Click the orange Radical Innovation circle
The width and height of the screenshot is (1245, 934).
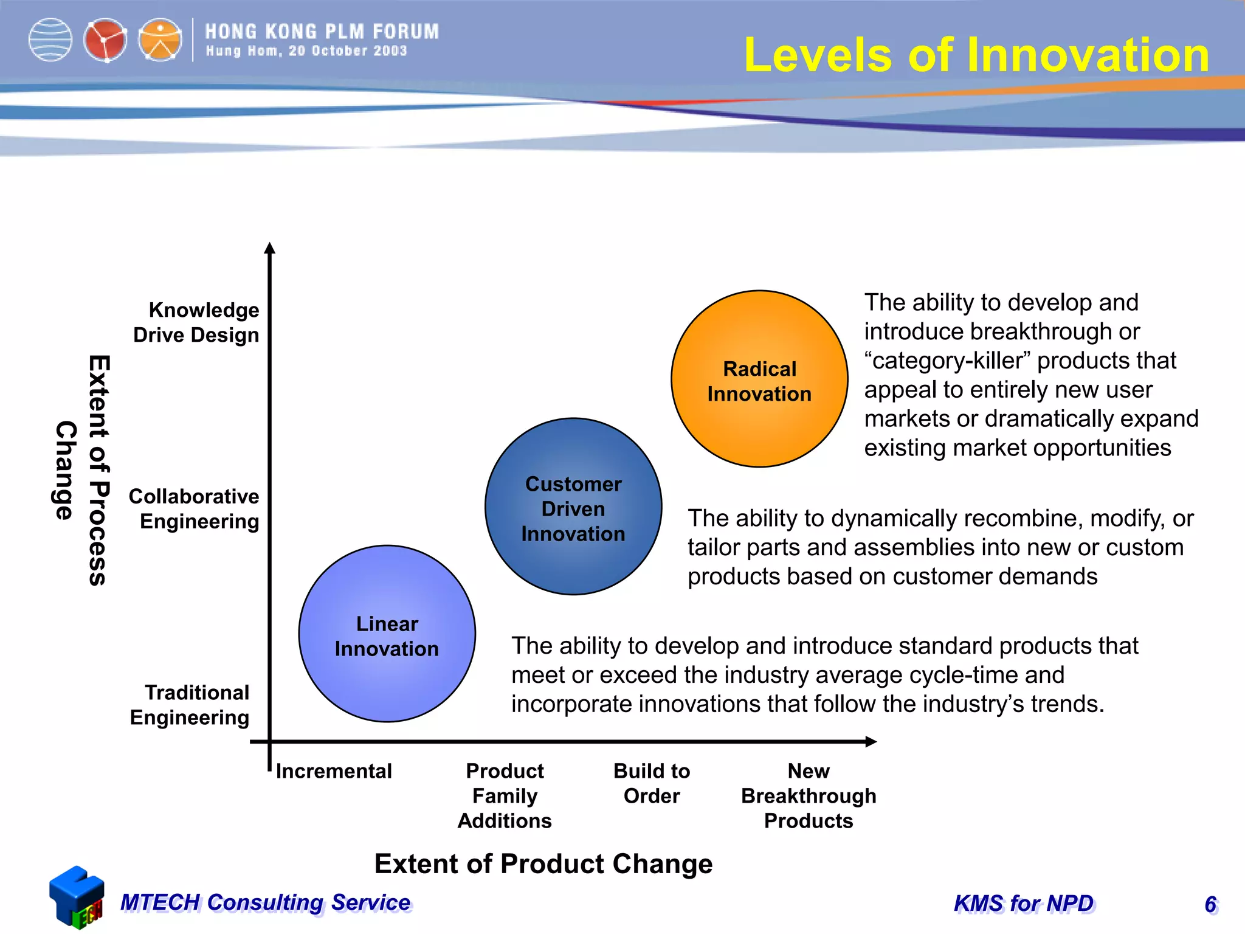coord(759,379)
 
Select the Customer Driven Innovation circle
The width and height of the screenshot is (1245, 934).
coord(573,507)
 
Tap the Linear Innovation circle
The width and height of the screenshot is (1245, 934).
coord(387,634)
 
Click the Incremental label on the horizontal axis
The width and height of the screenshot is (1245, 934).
coord(334,771)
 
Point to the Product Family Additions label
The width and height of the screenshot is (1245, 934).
coord(505,796)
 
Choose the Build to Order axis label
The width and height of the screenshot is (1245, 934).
coord(652,783)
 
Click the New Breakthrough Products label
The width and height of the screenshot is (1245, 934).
coord(809,796)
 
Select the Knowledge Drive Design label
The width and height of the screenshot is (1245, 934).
coord(196,322)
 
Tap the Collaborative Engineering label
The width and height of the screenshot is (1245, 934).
coord(195,509)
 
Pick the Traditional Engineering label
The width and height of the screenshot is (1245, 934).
coord(190,705)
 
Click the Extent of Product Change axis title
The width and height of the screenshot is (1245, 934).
coord(543,864)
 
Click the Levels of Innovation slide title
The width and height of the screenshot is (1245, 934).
coord(976,55)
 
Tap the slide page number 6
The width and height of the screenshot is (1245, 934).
coord(1210,905)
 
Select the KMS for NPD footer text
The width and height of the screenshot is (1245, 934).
coord(1024,904)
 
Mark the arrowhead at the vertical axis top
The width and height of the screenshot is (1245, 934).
coord(270,248)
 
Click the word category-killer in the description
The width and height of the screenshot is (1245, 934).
coord(948,361)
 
